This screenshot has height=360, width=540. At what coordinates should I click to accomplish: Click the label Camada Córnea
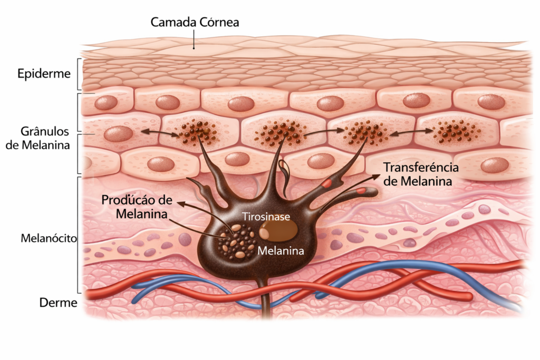195,22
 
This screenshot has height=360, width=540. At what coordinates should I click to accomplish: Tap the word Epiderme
43,73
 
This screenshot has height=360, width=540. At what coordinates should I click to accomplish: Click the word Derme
58,303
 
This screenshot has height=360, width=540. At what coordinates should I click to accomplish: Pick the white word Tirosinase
266,216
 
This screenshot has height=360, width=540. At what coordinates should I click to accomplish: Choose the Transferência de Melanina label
420,174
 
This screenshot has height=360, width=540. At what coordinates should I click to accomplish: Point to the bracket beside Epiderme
79,74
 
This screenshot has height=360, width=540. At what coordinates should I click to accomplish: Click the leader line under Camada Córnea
194,39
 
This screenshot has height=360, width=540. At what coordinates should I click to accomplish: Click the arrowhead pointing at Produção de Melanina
180,202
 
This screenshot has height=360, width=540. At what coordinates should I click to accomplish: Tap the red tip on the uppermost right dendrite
328,183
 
